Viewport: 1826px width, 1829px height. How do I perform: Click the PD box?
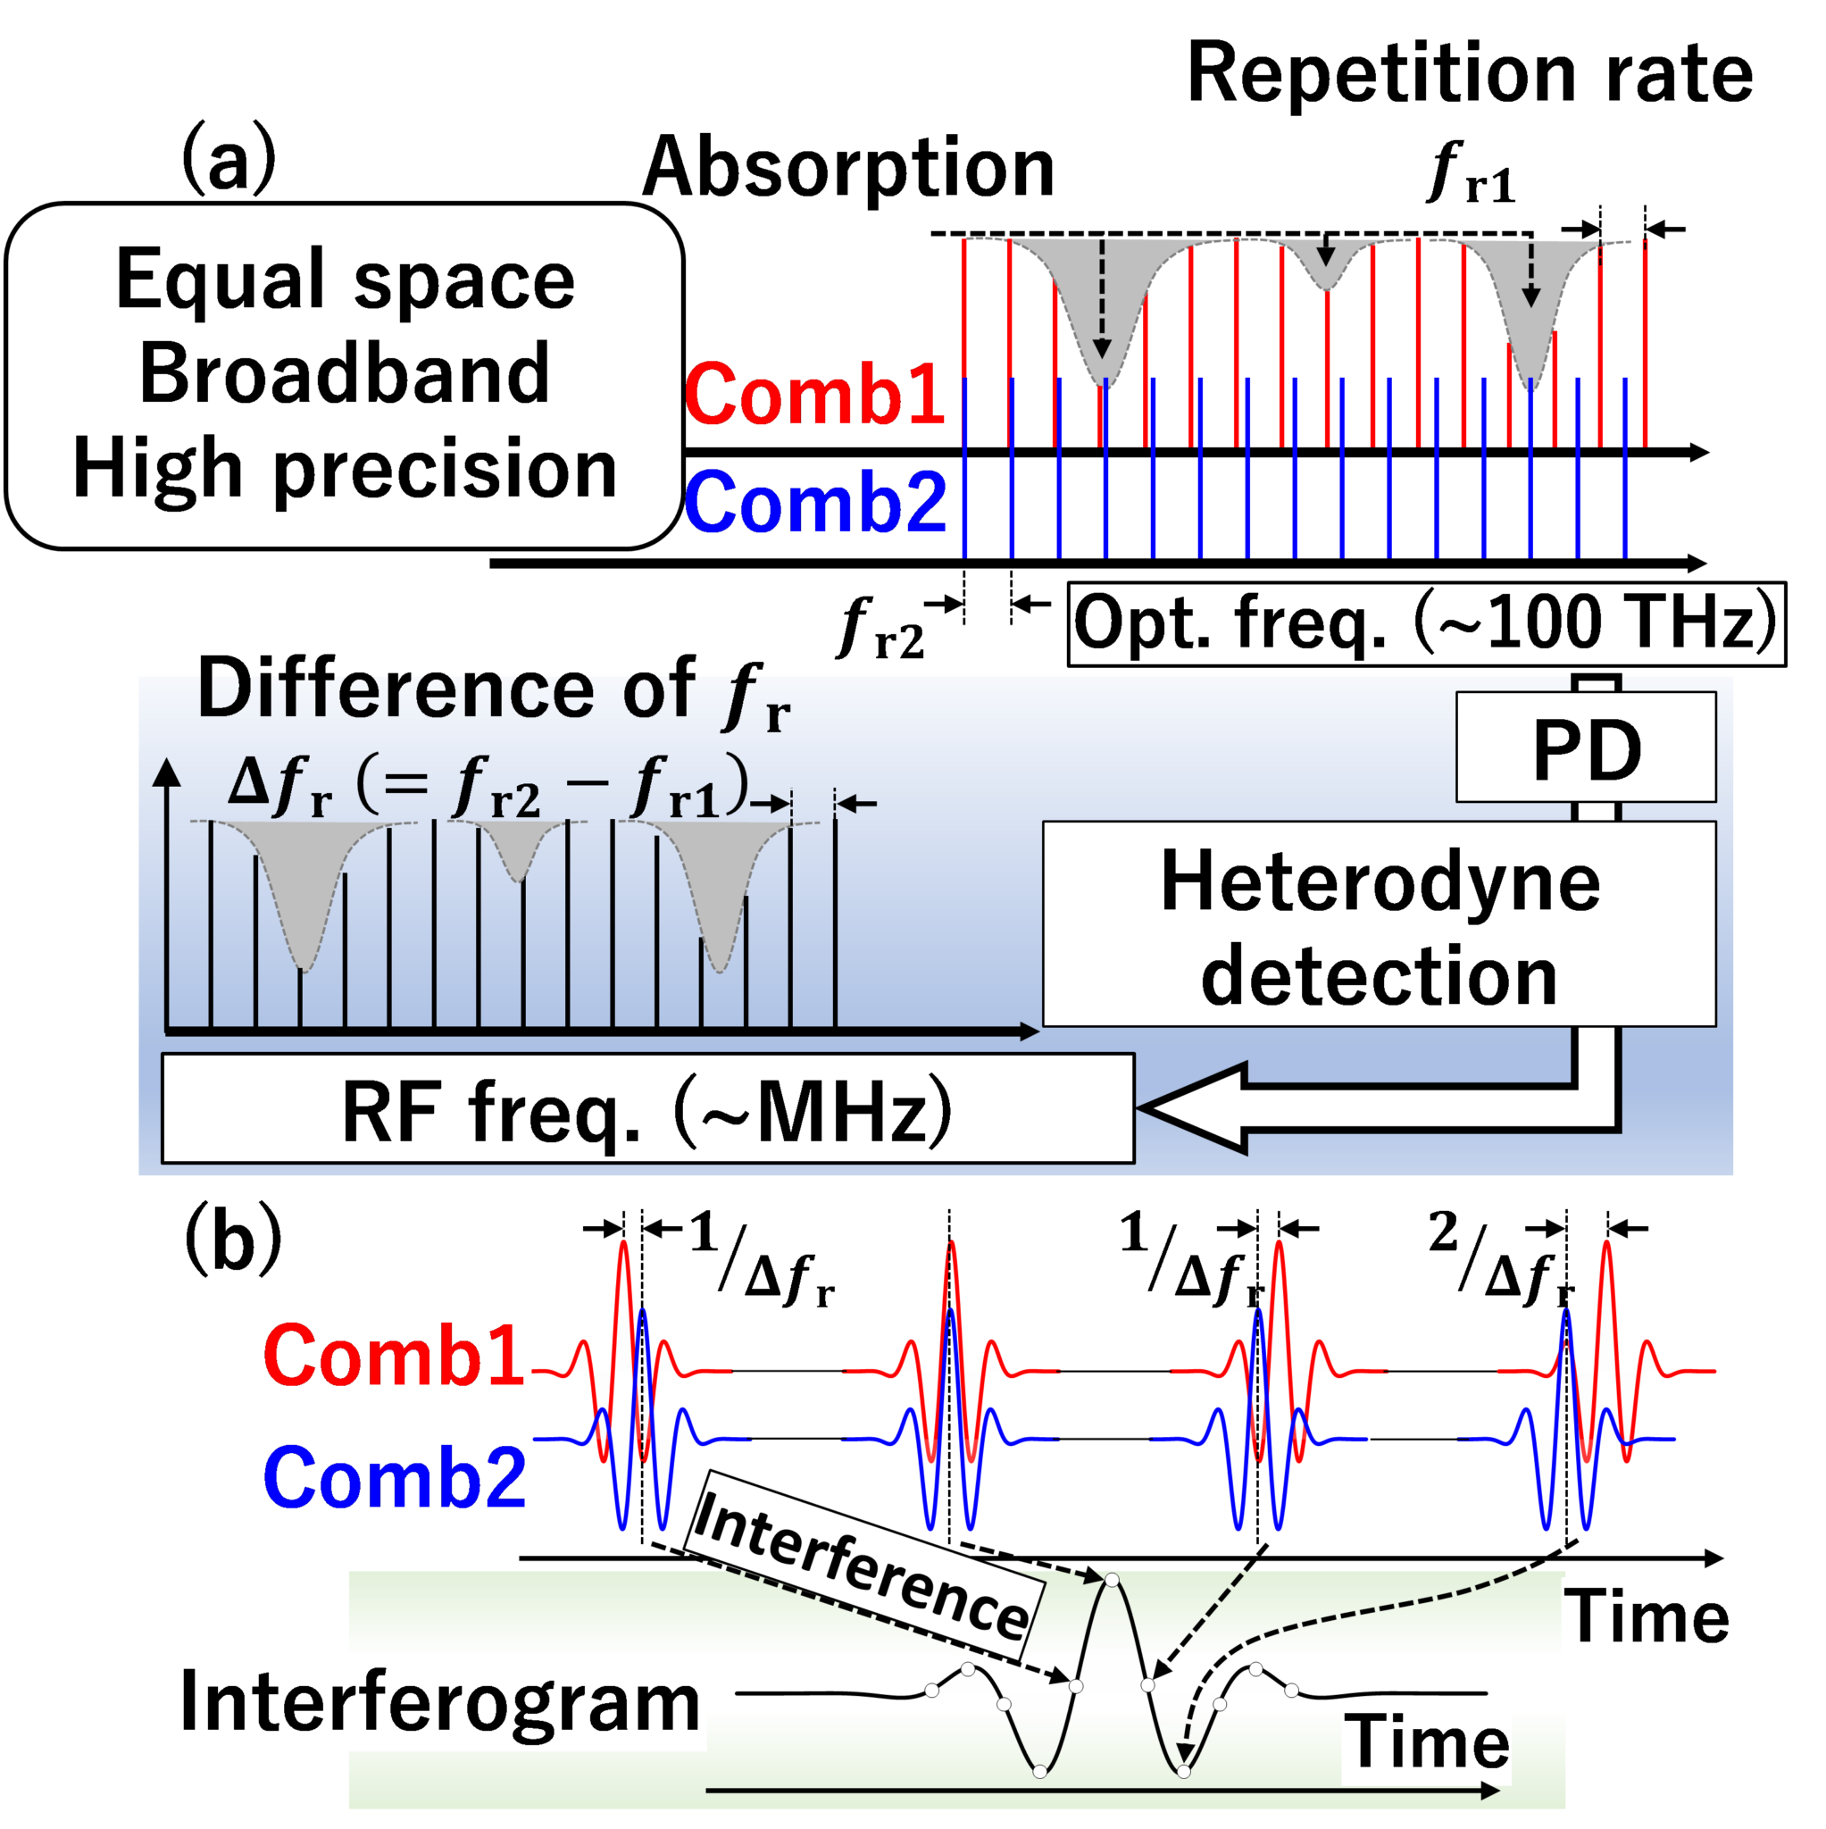tap(1585, 747)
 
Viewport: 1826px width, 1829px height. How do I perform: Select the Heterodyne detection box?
tap(1379, 925)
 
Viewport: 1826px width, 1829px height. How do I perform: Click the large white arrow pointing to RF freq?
tap(1212, 1107)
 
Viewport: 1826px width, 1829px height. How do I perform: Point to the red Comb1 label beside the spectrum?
tap(814, 395)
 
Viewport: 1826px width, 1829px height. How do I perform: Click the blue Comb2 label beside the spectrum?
tap(814, 503)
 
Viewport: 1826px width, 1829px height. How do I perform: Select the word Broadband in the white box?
tap(345, 374)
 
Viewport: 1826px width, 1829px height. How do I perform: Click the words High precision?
tap(345, 470)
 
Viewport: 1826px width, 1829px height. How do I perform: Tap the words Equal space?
tap(345, 280)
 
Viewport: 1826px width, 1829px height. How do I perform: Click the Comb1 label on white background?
tap(395, 1357)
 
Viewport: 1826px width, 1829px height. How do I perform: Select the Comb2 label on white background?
tap(395, 1479)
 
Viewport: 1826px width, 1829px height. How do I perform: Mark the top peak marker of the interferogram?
tap(1113, 1580)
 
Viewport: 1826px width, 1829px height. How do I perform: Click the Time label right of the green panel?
tap(1647, 1618)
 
